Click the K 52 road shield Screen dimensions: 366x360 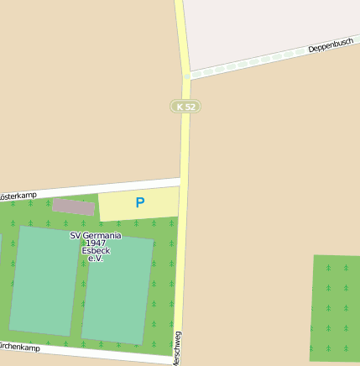[x=185, y=107]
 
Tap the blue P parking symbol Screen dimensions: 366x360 [x=140, y=202]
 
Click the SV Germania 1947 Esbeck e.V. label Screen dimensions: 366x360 [x=95, y=247]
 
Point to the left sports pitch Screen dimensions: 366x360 [x=44, y=280]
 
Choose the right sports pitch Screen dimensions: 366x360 [x=117, y=290]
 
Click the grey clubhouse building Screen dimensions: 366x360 [x=74, y=207]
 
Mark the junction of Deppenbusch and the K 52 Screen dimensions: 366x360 [x=187, y=76]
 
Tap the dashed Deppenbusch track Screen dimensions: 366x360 [x=252, y=62]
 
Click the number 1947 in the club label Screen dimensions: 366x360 [x=95, y=243]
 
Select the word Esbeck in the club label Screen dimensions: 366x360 [x=96, y=251]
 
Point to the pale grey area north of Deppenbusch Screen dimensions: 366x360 [x=269, y=25]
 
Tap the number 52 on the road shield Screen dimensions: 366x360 [x=190, y=107]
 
